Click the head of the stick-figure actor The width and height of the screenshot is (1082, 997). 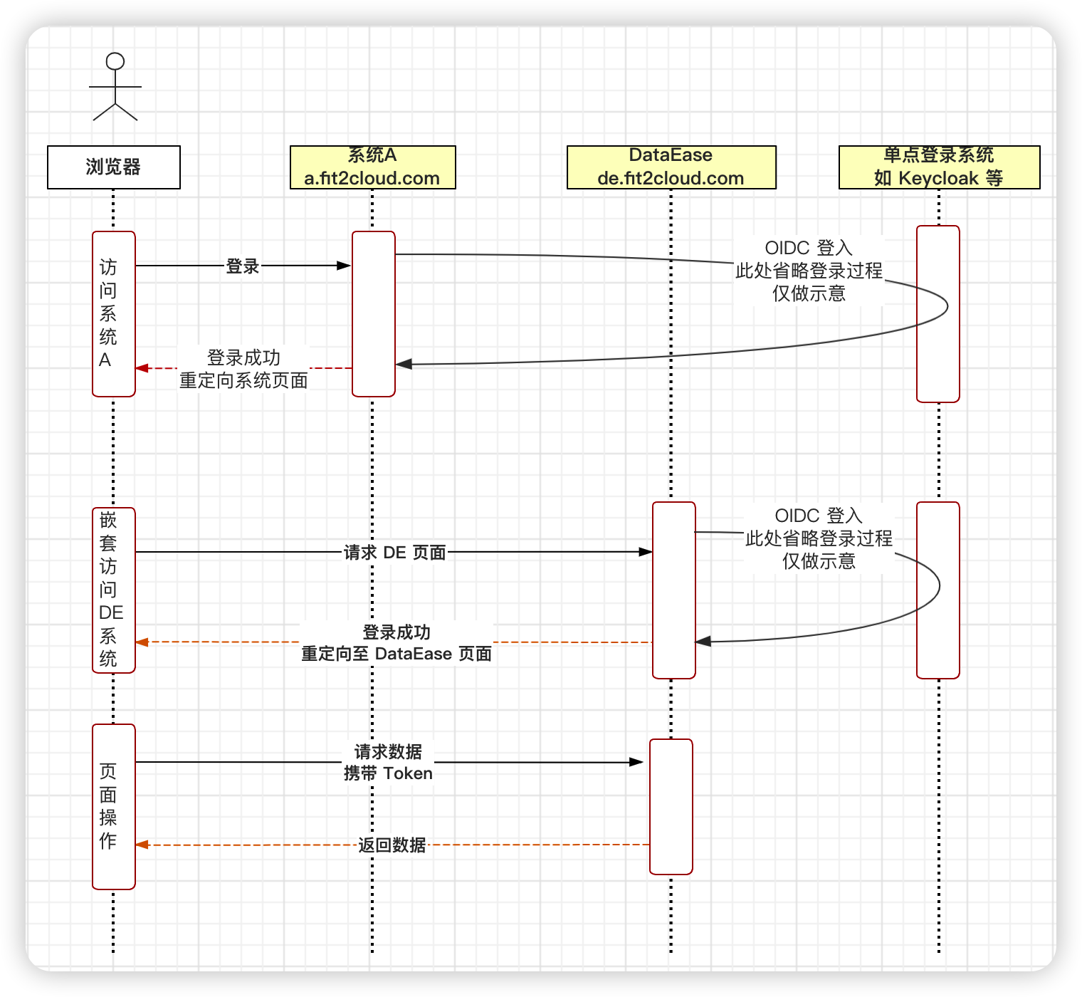(x=115, y=61)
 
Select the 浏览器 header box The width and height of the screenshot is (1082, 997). (x=114, y=167)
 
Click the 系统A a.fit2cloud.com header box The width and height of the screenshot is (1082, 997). (x=372, y=167)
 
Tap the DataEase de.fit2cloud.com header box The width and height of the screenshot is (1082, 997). (x=671, y=167)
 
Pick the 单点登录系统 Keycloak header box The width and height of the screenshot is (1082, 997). (x=939, y=167)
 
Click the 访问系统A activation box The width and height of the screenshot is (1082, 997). (x=113, y=313)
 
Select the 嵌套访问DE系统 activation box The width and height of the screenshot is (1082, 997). (x=113, y=590)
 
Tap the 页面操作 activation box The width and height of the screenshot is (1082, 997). (x=113, y=806)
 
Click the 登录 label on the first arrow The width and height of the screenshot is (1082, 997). (x=243, y=266)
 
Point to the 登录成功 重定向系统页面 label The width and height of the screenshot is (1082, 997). (x=243, y=369)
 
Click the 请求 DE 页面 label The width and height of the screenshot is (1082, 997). (x=394, y=553)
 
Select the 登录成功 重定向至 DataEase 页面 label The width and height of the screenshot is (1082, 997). (x=396, y=643)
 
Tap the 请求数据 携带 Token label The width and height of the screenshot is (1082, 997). (x=388, y=763)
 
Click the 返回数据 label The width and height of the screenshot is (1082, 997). (x=392, y=845)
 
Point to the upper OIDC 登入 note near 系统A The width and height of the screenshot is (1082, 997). (x=809, y=271)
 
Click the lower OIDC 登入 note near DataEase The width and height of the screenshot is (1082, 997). (x=819, y=538)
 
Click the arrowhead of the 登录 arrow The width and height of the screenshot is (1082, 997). (x=345, y=266)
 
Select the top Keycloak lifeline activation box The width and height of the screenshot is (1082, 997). (x=937, y=313)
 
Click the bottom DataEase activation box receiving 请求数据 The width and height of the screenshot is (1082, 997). (x=671, y=806)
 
